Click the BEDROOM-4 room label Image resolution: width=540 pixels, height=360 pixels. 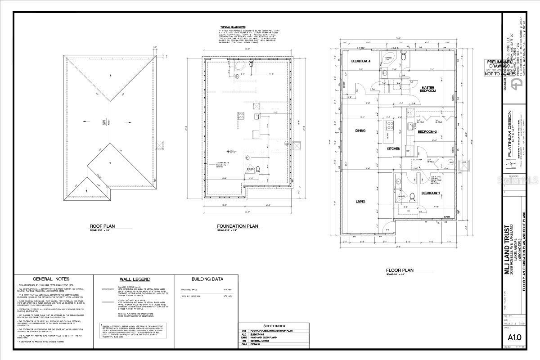[x=360, y=61]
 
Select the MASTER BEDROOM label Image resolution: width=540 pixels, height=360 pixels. [x=428, y=89]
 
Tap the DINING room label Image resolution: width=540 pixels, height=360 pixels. [x=360, y=131]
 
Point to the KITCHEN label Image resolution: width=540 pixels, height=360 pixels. [x=394, y=148]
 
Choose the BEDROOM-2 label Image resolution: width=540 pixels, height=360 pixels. [x=427, y=131]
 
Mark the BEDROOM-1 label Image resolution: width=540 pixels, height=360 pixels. [x=430, y=193]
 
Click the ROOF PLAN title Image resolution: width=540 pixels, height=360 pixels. [x=104, y=226]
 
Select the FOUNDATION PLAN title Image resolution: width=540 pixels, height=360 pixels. [x=237, y=226]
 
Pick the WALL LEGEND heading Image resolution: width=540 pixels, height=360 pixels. [x=135, y=279]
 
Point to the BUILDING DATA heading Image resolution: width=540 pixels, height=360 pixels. [x=207, y=279]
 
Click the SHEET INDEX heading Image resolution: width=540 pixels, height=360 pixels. [x=274, y=326]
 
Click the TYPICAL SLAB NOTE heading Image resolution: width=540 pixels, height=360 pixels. [x=233, y=27]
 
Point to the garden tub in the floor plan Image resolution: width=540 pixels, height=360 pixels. [x=387, y=59]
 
